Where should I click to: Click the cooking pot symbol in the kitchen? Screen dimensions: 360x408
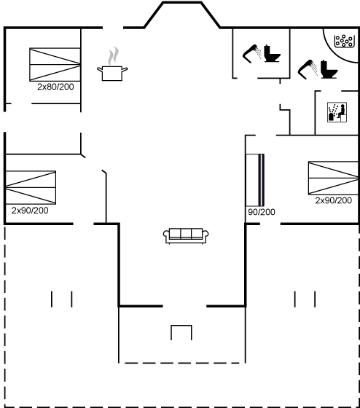tap(112, 73)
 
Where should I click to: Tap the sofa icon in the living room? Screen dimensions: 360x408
tap(186, 236)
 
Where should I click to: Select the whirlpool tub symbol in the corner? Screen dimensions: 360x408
tap(344, 42)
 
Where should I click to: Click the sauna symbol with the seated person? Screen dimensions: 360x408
tap(337, 112)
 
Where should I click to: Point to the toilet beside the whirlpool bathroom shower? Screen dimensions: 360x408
tap(329, 69)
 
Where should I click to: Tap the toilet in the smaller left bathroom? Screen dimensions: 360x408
tap(272, 54)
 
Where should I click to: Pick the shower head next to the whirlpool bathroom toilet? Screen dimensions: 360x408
tap(308, 69)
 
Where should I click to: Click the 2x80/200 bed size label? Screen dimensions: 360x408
tap(55, 87)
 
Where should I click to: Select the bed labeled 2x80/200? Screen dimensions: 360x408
tap(55, 65)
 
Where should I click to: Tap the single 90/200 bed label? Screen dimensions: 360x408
tap(262, 212)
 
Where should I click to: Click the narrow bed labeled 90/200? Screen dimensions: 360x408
tap(255, 180)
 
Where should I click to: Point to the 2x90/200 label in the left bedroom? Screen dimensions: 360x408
tap(30, 211)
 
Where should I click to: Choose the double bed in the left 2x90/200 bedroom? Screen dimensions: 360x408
tap(31, 187)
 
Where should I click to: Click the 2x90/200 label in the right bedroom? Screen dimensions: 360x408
tap(334, 200)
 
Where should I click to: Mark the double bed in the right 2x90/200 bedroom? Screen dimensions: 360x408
tap(333, 178)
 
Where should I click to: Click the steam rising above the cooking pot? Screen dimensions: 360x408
tap(113, 56)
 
